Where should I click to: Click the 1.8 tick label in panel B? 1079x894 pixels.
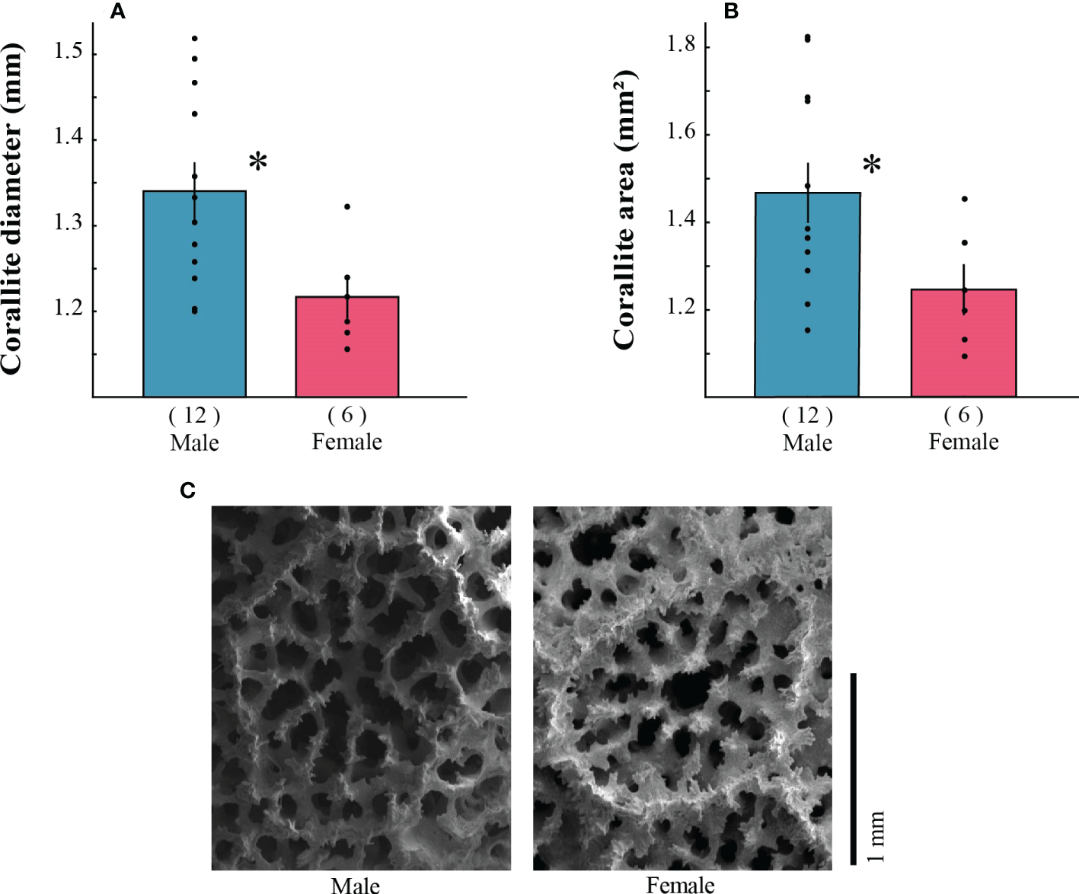coord(681,44)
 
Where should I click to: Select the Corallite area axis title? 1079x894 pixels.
coord(624,209)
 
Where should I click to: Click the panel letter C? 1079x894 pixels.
coord(187,490)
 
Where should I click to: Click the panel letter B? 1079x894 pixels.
coord(731,11)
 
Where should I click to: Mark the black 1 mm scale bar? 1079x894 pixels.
coord(854,769)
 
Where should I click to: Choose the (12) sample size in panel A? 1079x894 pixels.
coord(194,416)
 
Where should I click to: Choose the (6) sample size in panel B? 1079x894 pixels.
coord(963,415)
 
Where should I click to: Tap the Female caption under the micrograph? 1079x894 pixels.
coord(680,885)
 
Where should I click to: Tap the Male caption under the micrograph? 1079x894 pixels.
coord(356,885)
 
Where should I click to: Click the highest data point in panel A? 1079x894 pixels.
coord(195,38)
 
